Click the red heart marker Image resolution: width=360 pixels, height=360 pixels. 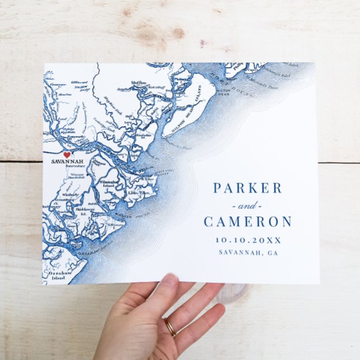point(67,155)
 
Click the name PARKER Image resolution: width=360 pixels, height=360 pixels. point(247,188)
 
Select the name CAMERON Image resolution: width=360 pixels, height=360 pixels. point(247,221)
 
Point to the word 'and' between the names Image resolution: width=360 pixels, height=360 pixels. point(247,205)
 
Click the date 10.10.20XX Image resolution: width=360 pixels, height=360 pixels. point(247,239)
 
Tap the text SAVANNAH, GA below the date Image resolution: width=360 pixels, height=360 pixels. point(247,253)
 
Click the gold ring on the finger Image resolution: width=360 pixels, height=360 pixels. point(169,327)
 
